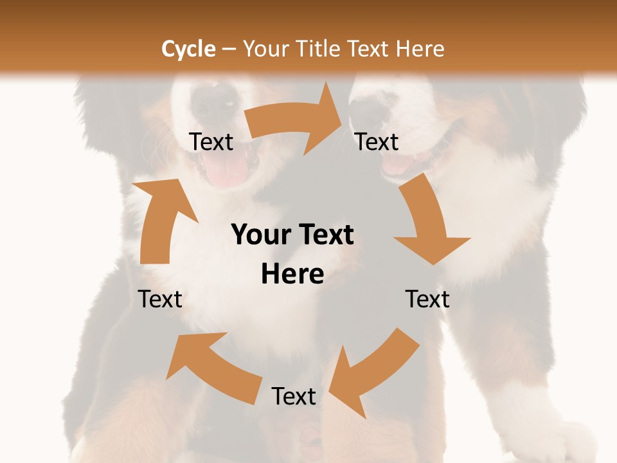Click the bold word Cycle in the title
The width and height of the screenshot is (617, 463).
click(x=188, y=49)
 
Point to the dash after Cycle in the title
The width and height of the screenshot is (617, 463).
click(x=228, y=49)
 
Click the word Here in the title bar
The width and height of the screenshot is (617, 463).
click(x=420, y=49)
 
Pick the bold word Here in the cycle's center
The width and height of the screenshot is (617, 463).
click(x=292, y=275)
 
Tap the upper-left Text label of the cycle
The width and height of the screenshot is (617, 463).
click(x=211, y=142)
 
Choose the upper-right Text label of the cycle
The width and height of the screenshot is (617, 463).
click(x=377, y=142)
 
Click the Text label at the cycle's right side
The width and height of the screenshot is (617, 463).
click(x=427, y=299)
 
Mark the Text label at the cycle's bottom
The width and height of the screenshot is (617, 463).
click(x=294, y=396)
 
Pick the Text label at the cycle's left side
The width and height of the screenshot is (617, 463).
click(x=160, y=299)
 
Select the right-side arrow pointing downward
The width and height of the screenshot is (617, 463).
click(x=427, y=222)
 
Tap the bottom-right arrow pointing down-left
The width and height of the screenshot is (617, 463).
click(x=373, y=373)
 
